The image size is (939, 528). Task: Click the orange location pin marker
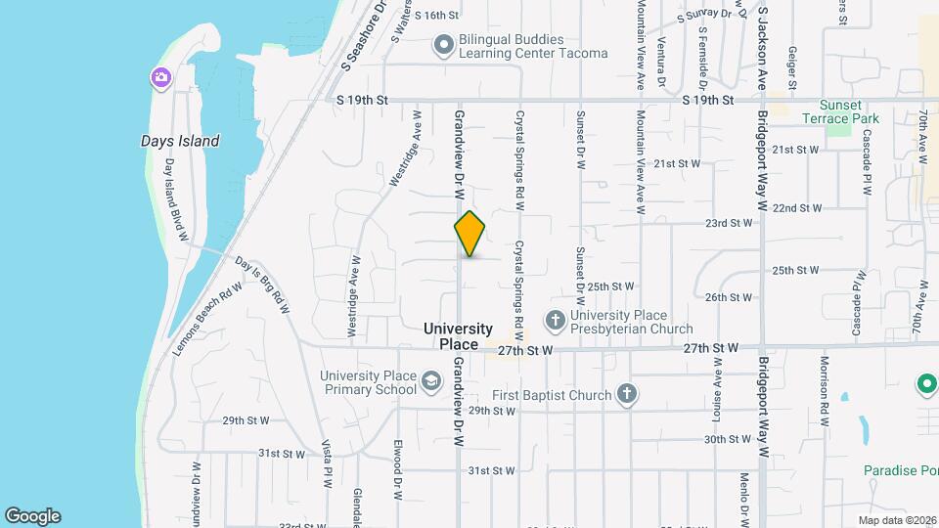click(x=469, y=234)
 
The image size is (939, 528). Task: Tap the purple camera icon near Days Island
click(x=159, y=77)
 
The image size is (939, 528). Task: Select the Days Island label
click(x=180, y=141)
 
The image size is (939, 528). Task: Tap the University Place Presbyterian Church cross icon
click(x=555, y=319)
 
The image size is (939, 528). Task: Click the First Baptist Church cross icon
click(x=627, y=395)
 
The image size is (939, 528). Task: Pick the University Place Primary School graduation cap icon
click(x=430, y=379)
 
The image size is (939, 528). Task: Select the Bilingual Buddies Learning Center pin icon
click(x=444, y=43)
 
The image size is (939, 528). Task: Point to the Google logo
click(x=32, y=516)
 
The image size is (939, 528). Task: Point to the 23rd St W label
click(x=730, y=223)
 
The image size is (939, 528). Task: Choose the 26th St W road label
click(x=729, y=297)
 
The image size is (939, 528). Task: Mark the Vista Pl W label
click(x=328, y=462)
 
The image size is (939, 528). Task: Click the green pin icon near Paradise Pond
click(x=926, y=384)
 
